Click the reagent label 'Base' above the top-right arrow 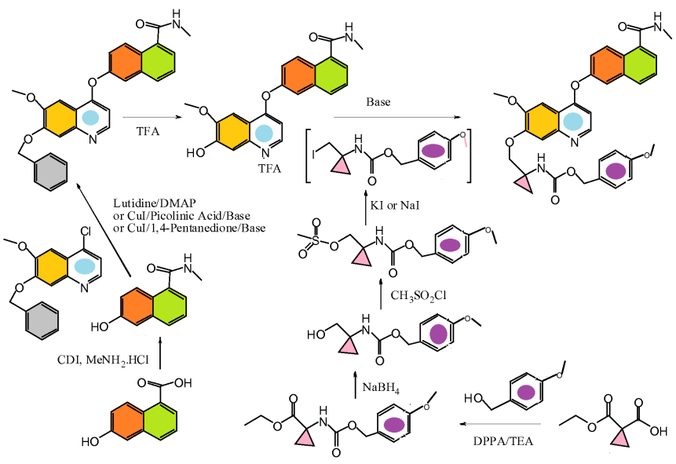378,102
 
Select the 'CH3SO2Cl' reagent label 415,295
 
